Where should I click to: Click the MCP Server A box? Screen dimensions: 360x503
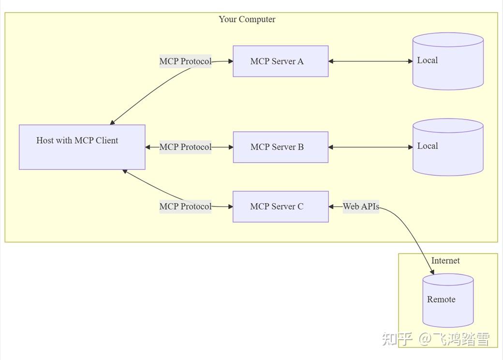coord(281,61)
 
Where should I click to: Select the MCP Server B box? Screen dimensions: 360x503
coord(281,147)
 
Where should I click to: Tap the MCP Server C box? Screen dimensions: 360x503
coord(281,207)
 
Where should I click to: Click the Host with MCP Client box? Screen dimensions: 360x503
coord(82,147)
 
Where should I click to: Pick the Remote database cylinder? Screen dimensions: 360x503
coord(448,300)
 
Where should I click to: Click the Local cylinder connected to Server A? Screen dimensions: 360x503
coord(448,61)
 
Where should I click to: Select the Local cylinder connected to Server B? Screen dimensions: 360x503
coord(448,147)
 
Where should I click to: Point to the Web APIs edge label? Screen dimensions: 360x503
coord(361,207)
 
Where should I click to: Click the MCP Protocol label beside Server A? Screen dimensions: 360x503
coord(185,61)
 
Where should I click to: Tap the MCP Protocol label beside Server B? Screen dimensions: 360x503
coord(185,147)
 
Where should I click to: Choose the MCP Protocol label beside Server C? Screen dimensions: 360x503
coord(185,207)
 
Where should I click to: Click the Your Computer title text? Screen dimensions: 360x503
coord(247,19)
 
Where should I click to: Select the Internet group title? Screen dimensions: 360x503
coord(445,261)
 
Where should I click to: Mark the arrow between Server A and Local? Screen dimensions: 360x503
coord(370,61)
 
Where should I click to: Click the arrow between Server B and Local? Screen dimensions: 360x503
coord(370,147)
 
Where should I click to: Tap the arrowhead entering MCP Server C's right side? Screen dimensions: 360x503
coord(332,207)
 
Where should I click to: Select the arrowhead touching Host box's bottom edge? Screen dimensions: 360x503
coord(125,171)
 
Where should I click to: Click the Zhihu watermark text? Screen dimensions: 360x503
coord(435,339)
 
